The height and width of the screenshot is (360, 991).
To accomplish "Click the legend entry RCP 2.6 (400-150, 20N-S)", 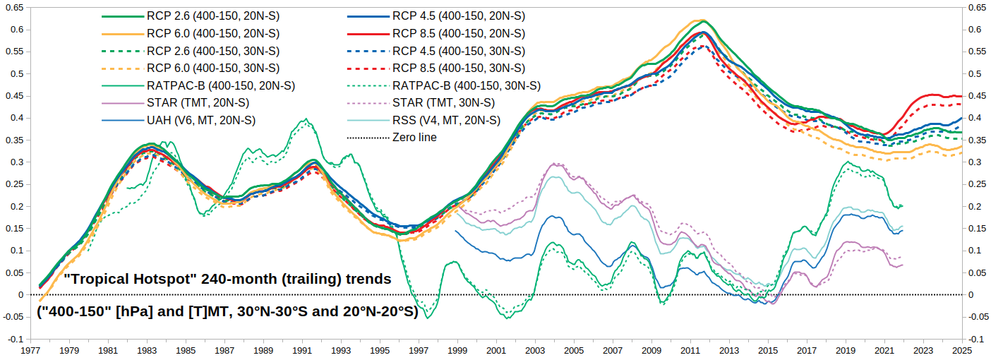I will coord(212,16).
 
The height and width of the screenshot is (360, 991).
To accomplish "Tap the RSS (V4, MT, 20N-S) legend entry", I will coord(446,120).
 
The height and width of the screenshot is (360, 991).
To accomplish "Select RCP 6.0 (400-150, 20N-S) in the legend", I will coord(212,33).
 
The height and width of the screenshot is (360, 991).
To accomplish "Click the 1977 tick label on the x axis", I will coord(30,350).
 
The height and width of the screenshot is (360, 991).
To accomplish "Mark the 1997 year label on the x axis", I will coord(419,350).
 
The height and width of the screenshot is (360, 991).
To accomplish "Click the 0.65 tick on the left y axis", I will coord(14,7).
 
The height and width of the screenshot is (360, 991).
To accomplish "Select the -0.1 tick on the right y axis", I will coord(978,339).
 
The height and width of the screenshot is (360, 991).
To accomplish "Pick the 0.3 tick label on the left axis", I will coord(17,162).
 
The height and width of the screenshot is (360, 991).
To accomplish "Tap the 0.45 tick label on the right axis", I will coord(978,95).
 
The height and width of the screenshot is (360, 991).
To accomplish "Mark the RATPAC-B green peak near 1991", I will coord(304,120).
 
